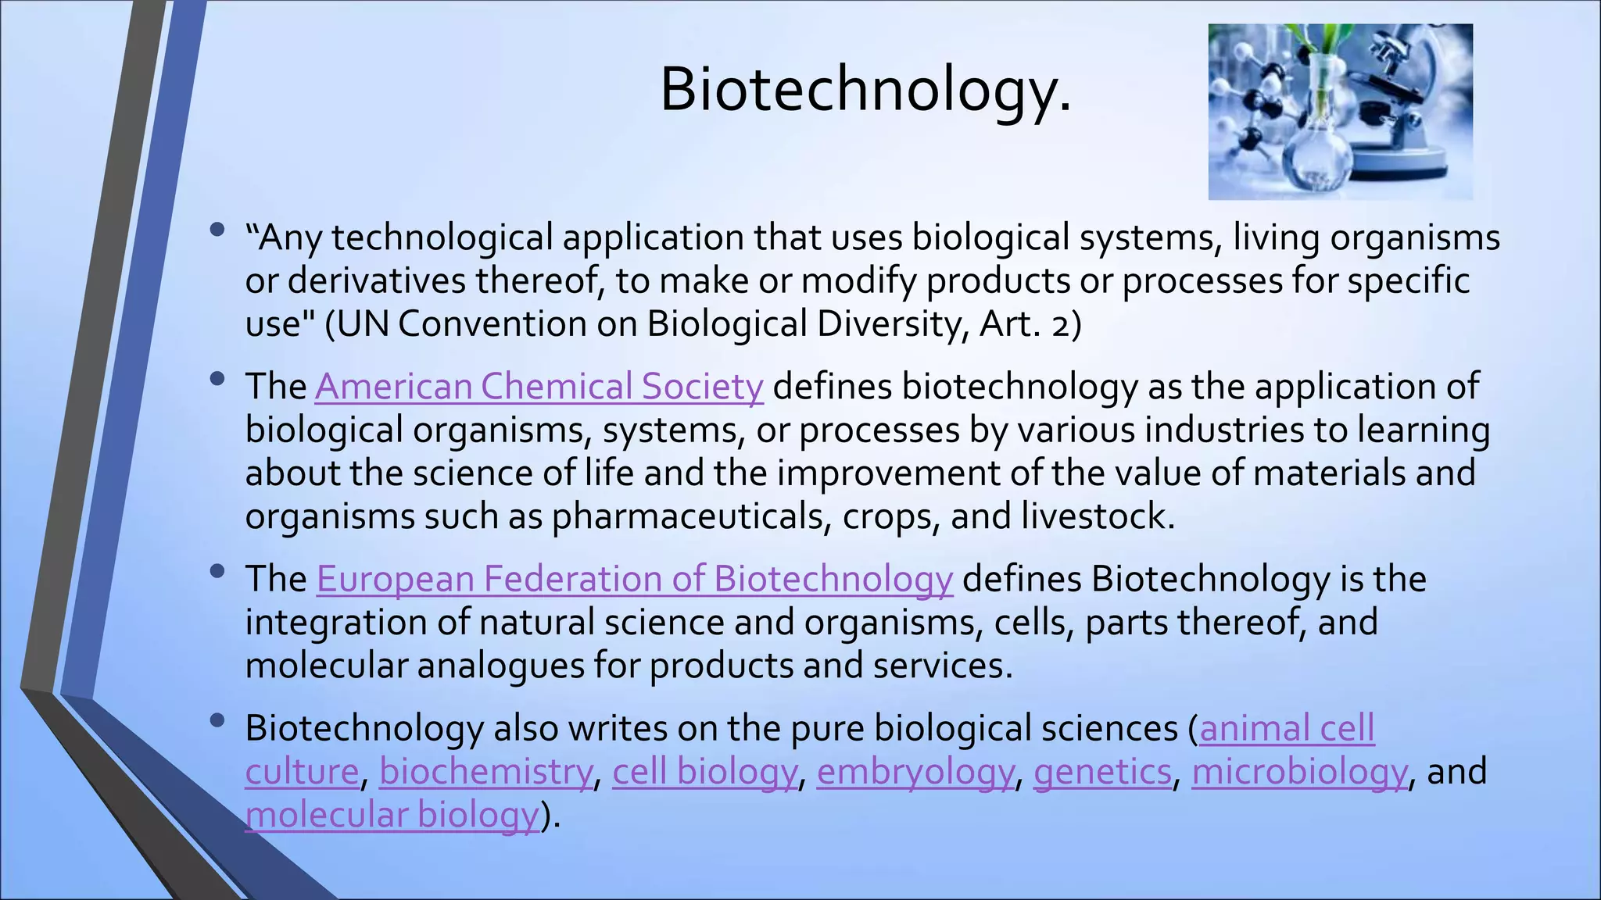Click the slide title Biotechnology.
(865, 90)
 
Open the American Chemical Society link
(539, 387)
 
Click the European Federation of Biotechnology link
(634, 579)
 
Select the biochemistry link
(485, 771)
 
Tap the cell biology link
(704, 771)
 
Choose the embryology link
(915, 771)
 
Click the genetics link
(1102, 771)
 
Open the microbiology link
(1299, 771)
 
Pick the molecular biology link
(392, 815)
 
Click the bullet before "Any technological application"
(217, 230)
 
